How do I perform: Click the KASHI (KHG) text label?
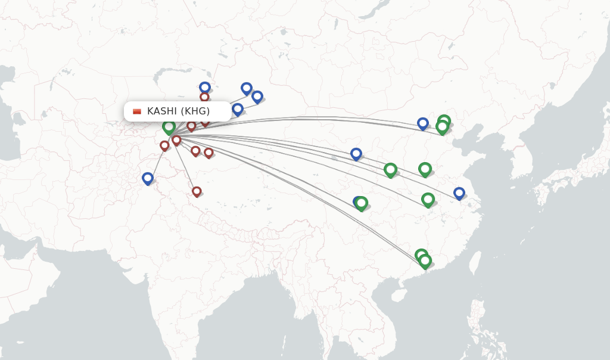click(178, 111)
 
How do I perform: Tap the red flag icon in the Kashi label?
click(137, 111)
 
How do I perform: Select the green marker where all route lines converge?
click(169, 127)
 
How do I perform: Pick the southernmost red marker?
click(197, 191)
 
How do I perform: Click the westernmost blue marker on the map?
click(148, 178)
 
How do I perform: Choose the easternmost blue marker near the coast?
click(459, 193)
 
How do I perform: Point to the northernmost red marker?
click(204, 97)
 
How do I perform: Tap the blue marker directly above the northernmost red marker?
click(205, 87)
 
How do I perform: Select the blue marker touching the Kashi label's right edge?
click(238, 109)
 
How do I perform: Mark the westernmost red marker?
click(164, 145)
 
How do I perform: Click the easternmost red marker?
click(208, 153)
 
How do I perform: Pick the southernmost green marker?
click(425, 260)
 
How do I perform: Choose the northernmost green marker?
click(444, 121)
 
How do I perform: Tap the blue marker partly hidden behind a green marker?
click(357, 202)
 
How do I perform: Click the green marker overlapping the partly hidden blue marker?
click(362, 203)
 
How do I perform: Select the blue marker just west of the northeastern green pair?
click(423, 123)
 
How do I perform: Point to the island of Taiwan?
click(475, 262)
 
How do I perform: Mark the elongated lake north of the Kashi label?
click(164, 75)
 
